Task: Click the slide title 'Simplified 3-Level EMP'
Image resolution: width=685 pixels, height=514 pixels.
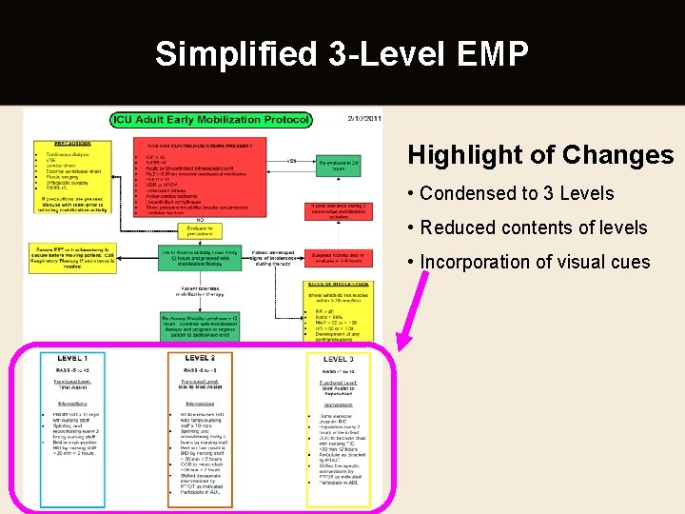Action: coord(342,54)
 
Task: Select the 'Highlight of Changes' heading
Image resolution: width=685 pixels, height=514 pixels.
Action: coord(540,155)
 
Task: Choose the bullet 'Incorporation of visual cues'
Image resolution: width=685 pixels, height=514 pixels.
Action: coord(535,262)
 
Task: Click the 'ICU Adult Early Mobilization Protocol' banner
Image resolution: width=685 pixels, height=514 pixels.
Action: coord(210,120)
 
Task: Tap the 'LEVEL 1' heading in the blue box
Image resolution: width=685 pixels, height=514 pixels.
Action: coord(71,359)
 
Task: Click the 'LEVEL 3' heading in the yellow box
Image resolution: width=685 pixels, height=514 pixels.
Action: coord(339,359)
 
